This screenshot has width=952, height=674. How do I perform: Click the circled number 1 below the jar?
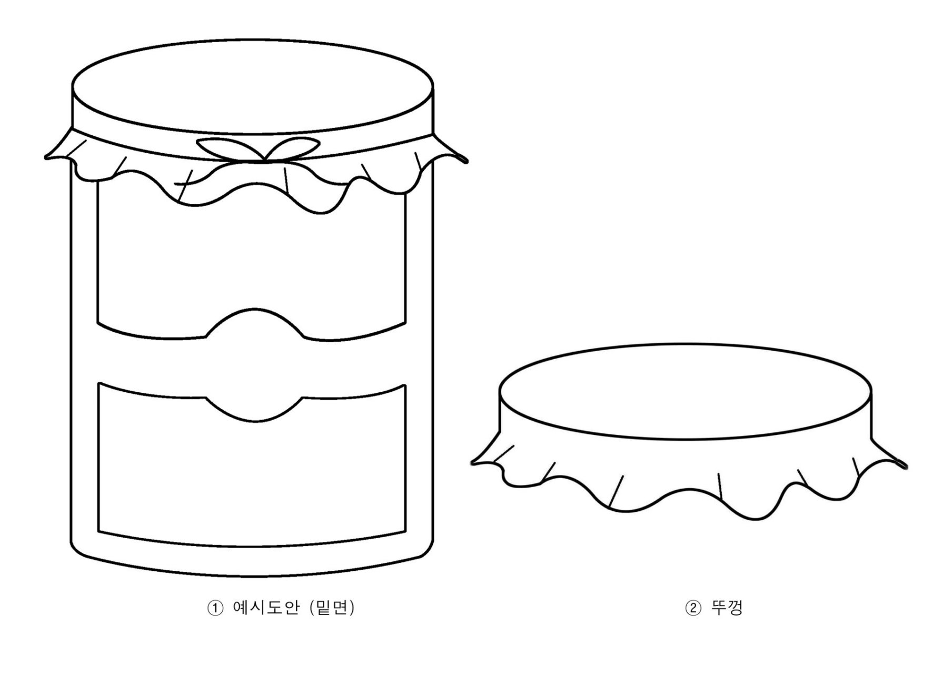(x=215, y=609)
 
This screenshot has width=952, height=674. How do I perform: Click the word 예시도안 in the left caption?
(x=265, y=608)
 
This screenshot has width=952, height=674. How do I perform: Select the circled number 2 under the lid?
(x=693, y=609)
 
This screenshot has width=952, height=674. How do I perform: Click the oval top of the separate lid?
(x=685, y=391)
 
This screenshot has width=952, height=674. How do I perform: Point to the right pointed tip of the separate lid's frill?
(x=905, y=466)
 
